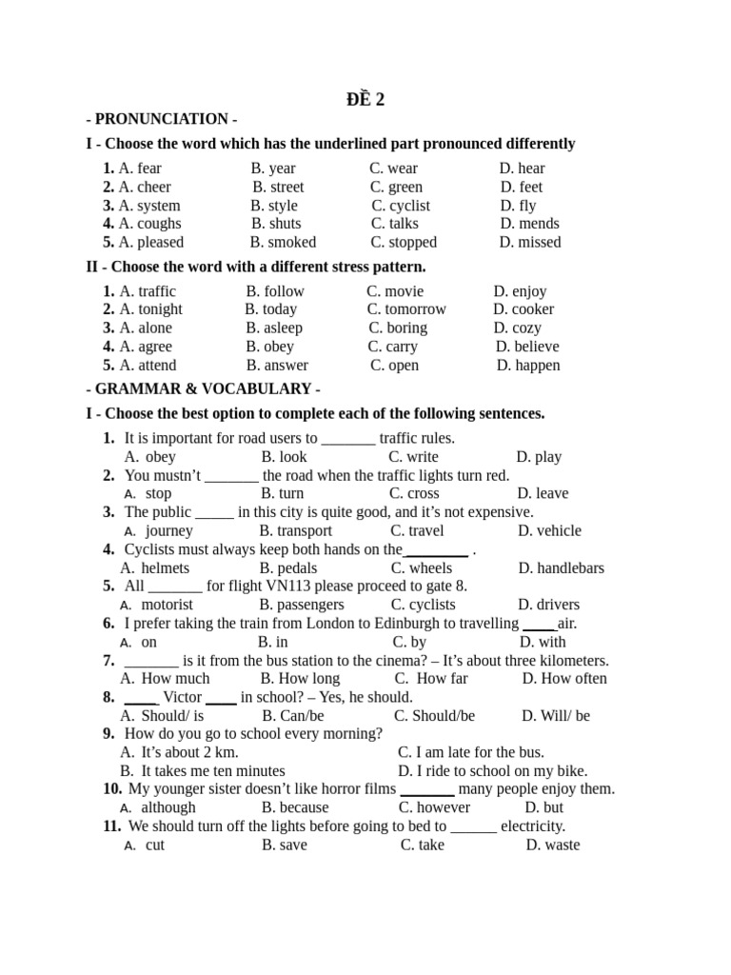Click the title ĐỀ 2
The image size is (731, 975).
[x=365, y=100]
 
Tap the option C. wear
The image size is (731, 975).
[x=393, y=169]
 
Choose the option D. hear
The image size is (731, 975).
[x=523, y=169]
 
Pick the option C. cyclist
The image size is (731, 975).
[x=401, y=206]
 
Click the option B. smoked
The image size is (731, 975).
[x=283, y=242]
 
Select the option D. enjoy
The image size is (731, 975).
[x=520, y=291]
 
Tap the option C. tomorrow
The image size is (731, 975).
[x=406, y=309]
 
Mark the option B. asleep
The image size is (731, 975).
[x=274, y=328]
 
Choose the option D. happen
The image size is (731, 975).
[x=528, y=365]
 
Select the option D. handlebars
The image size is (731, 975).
[x=561, y=568]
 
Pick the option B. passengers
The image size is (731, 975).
[x=302, y=605]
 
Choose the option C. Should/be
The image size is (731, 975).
[x=434, y=715]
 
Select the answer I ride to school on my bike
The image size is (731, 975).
[x=492, y=770]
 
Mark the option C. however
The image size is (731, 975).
[x=435, y=807]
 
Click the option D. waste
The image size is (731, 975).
[x=552, y=845]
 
